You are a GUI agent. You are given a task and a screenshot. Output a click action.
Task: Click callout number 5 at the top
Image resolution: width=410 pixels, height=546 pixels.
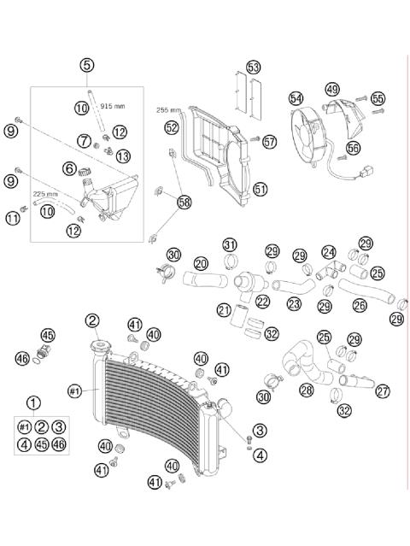[87, 64]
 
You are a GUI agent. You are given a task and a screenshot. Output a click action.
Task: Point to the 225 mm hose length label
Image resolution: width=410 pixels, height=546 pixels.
[46, 194]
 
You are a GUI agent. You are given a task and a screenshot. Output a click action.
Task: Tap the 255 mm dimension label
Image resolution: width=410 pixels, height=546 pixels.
[168, 110]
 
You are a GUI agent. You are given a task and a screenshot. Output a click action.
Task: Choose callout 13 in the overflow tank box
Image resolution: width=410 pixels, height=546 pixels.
[123, 156]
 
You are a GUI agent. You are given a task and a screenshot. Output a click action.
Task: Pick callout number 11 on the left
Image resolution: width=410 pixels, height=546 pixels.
[12, 219]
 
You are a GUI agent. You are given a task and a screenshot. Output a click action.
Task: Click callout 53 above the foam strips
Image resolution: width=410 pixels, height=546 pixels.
[253, 67]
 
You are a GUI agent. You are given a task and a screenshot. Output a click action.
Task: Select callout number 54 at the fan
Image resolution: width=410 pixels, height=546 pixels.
[296, 99]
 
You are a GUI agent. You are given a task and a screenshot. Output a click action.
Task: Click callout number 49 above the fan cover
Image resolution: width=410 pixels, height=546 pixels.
[331, 90]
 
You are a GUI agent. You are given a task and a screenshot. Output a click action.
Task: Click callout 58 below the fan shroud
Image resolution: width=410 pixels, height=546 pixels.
[184, 202]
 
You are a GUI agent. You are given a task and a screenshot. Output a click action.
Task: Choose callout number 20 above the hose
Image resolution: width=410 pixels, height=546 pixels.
[201, 263]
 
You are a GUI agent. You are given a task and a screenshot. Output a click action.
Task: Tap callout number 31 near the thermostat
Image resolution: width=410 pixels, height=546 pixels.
[230, 246]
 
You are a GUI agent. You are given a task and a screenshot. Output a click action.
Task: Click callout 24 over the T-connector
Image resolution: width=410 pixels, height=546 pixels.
[329, 252]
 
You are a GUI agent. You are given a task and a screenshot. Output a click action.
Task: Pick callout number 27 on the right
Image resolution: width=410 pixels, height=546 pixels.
[382, 390]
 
